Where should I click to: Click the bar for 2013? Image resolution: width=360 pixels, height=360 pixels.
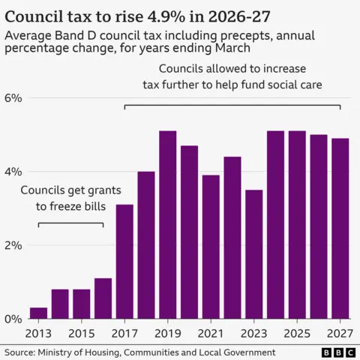38,313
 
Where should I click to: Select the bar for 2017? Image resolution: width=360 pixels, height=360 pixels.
124,261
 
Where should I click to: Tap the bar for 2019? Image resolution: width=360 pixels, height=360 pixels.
168,224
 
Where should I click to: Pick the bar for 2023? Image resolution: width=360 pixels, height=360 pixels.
253,254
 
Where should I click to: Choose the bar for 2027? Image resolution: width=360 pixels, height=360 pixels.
340,228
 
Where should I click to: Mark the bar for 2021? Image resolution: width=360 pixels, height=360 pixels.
211,247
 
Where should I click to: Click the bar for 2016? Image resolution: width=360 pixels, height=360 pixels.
103,298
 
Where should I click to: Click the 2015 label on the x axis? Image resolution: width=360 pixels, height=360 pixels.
82,332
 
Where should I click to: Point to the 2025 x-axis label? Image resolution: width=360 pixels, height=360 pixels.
297,332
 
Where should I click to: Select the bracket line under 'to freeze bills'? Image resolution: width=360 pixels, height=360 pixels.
70,224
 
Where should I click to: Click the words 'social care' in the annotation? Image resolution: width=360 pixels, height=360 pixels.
293,84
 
